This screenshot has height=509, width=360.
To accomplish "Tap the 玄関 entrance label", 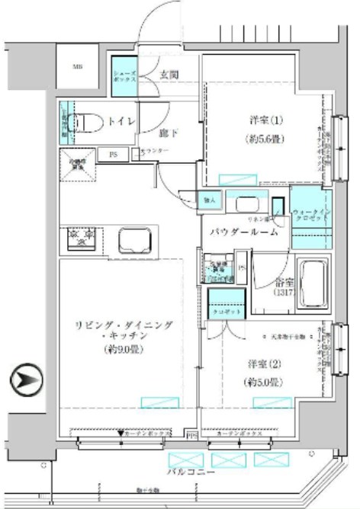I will point(169,74).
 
